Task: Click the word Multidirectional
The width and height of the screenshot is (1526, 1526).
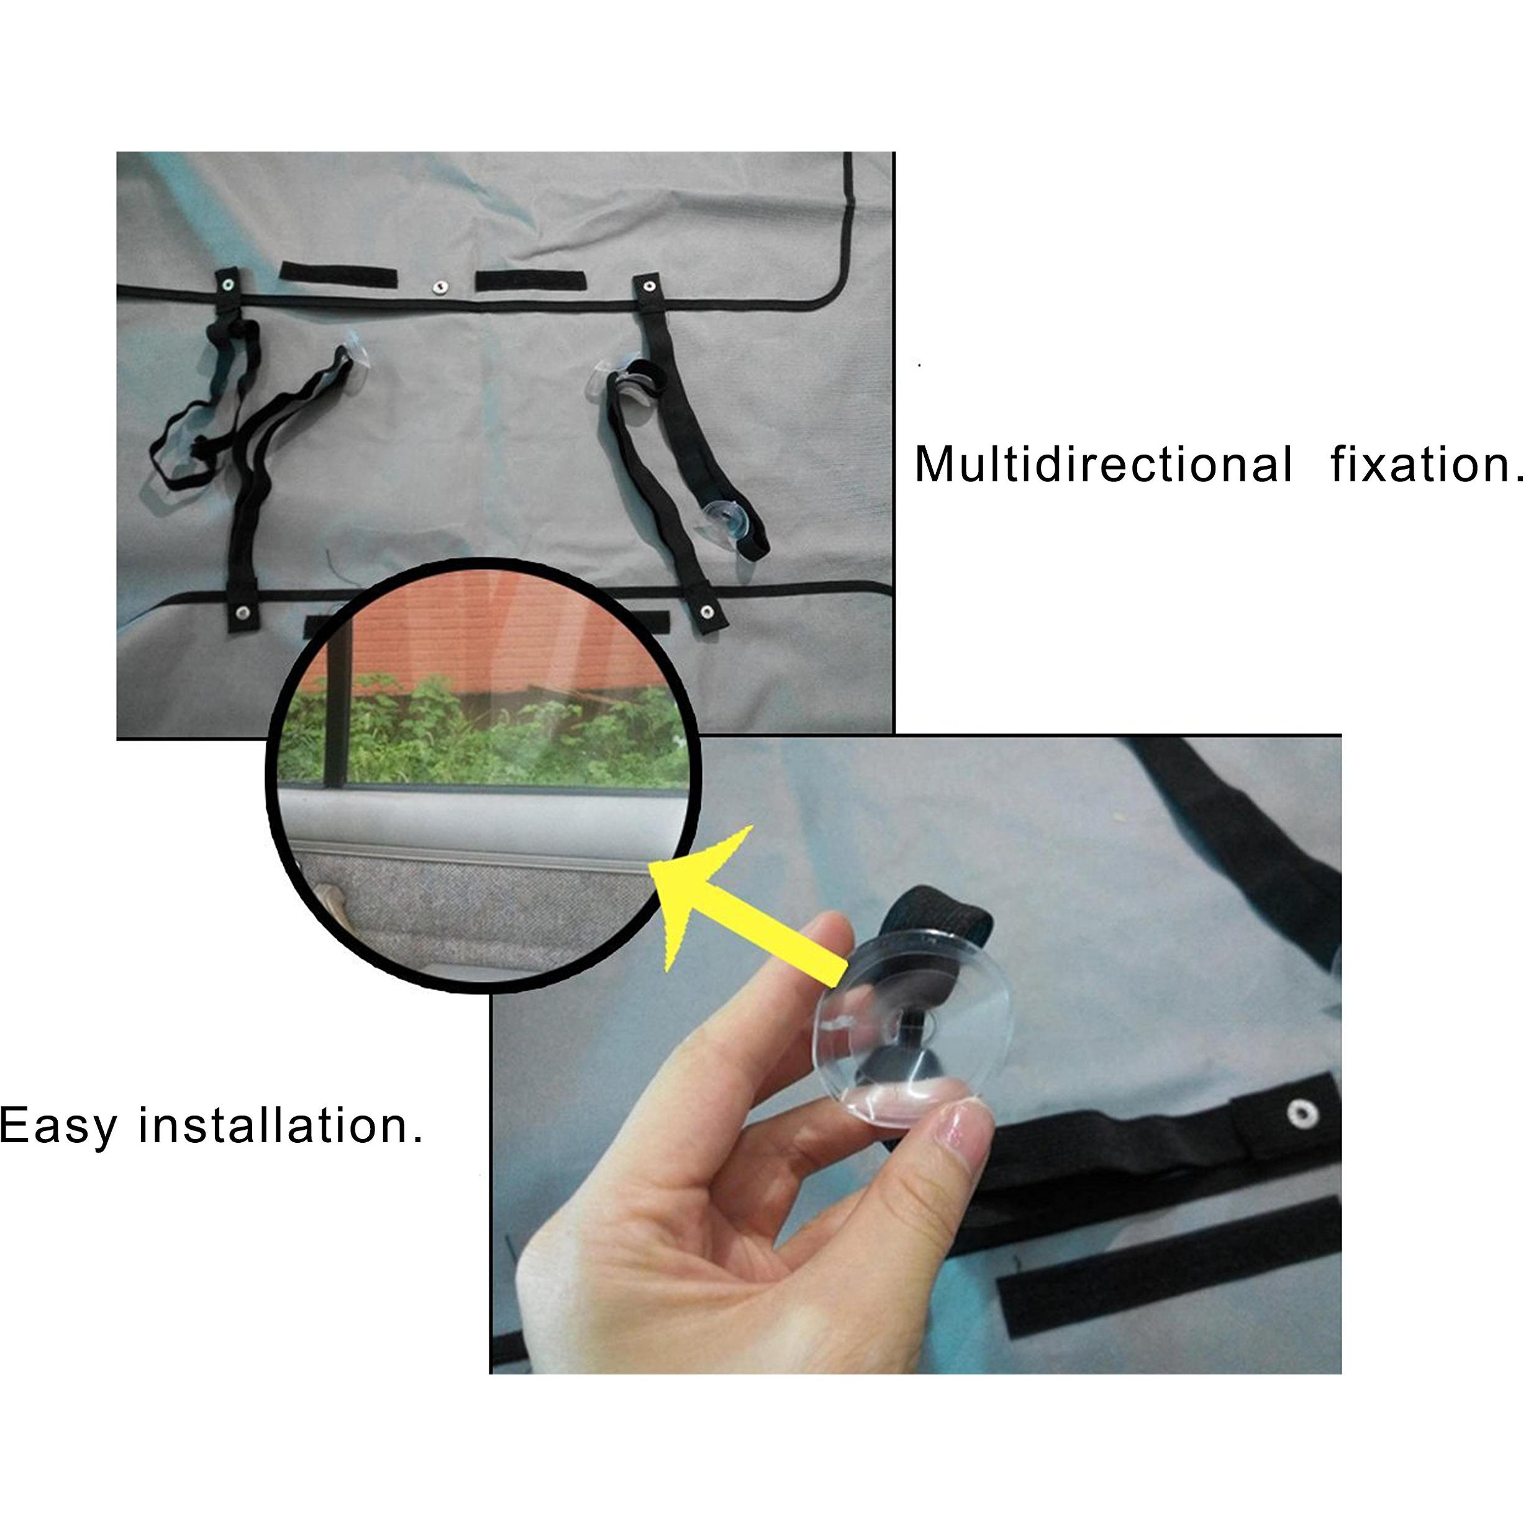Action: click(1104, 465)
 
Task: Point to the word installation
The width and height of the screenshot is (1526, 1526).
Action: click(281, 1125)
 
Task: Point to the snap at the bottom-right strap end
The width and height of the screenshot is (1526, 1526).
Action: click(707, 611)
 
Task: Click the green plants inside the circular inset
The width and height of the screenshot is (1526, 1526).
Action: click(482, 730)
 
